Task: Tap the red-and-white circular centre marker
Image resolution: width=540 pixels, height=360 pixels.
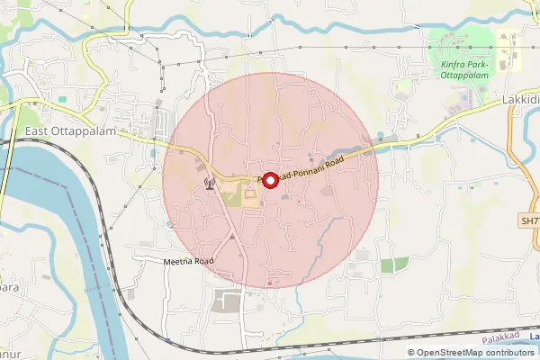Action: [x=268, y=179]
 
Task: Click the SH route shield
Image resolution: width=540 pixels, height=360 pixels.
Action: [x=529, y=220]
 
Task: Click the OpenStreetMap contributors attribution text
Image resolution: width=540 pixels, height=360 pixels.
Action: [x=473, y=353]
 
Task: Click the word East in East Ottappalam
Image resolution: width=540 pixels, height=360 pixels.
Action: [x=37, y=130]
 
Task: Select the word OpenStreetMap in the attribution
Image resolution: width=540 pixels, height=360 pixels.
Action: [x=447, y=353]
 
